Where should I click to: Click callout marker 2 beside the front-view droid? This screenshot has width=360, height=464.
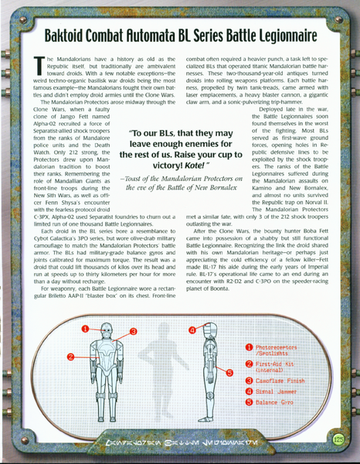[x=70, y=357]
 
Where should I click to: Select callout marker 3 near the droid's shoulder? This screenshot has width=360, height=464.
[x=132, y=332]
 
